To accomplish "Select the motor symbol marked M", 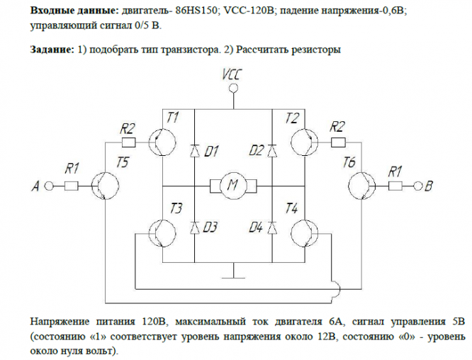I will point(232,186).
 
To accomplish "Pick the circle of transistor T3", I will point(164,232).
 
